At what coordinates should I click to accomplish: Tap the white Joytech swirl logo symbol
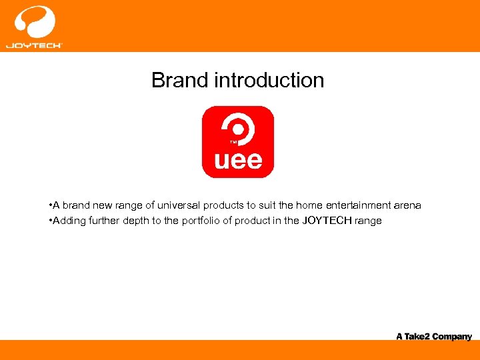tap(34, 22)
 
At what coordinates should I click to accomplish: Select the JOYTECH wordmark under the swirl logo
tap(34, 45)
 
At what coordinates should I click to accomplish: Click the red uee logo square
tap(238, 141)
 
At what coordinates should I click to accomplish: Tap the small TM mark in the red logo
tap(233, 142)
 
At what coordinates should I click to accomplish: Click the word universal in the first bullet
tap(181, 205)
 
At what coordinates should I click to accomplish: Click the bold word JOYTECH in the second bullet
tap(327, 221)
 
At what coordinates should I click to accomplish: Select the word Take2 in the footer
tap(417, 337)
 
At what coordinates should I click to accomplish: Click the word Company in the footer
tap(452, 337)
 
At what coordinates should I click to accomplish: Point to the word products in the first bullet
tap(227, 205)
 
